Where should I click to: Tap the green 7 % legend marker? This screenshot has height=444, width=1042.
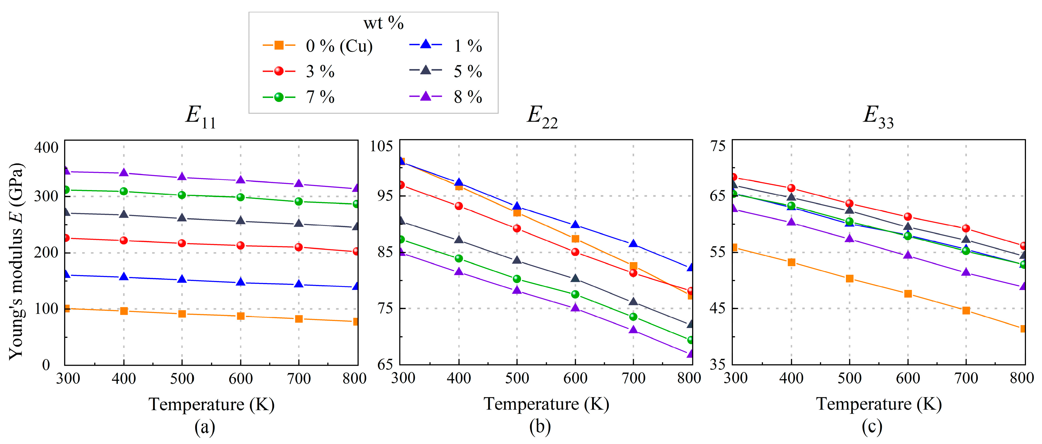279,97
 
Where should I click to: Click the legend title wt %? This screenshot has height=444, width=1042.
383,23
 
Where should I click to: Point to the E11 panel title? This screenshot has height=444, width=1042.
201,117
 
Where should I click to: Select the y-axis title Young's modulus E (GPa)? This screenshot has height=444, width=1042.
16,261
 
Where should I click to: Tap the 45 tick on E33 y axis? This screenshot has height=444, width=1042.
718,308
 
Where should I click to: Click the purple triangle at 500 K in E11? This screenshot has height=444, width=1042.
182,177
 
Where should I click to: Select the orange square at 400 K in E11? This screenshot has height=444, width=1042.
124,311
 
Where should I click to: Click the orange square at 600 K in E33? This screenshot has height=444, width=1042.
908,293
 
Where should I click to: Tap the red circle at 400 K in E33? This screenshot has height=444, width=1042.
791,188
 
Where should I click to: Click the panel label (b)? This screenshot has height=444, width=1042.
540,427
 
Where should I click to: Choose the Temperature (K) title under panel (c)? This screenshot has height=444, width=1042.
878,404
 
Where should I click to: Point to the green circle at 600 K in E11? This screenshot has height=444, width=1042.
240,197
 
